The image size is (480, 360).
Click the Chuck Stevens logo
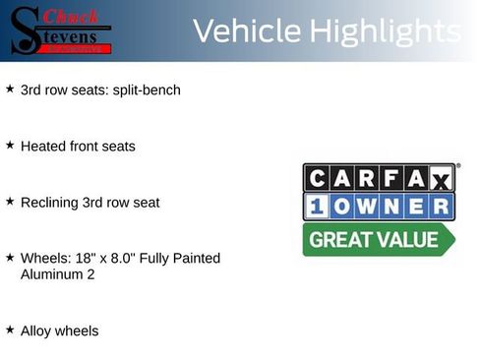pos(60,30)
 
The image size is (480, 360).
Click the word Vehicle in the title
pos(246,31)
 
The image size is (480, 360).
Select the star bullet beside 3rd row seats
pos(10,89)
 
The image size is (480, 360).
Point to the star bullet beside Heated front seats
pos(10,145)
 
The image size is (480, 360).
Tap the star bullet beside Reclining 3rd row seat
pos(10,201)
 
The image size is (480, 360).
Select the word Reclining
pos(49,203)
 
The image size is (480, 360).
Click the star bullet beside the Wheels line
pos(10,257)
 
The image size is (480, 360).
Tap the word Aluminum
pos(52,274)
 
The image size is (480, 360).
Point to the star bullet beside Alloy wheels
pos(10,330)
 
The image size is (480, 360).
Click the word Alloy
pos(36,331)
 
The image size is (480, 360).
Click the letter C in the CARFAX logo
pos(318,178)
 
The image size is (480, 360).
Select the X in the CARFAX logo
pos(442,179)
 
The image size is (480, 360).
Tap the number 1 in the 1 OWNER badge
pos(318,207)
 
